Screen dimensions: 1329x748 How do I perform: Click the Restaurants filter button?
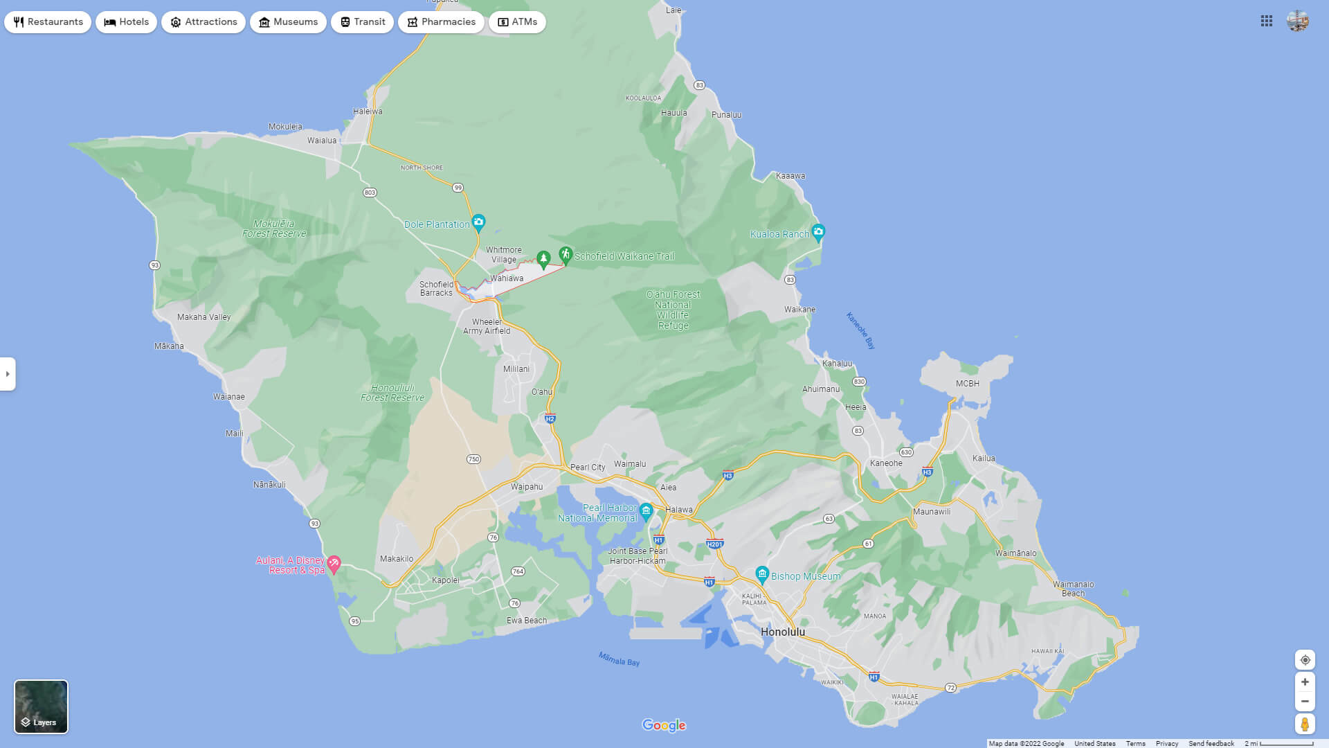(48, 22)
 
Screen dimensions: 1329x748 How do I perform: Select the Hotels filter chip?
(127, 22)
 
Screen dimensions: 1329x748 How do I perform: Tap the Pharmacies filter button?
(441, 22)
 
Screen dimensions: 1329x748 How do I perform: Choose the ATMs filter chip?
(517, 22)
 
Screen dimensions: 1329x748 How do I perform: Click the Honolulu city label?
(782, 632)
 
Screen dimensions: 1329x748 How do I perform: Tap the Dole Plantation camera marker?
(478, 222)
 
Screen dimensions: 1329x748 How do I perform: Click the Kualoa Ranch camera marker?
(818, 232)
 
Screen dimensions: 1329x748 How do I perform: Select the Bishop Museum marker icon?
(762, 574)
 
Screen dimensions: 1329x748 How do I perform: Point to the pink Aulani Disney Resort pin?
(334, 564)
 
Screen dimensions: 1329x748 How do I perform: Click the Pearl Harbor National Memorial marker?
(647, 511)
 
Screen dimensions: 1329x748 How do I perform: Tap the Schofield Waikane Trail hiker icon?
(566, 254)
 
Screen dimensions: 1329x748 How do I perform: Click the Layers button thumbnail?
(42, 706)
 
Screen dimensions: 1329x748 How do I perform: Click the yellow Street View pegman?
(1305, 724)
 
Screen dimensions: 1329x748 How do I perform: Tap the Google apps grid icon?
(1267, 21)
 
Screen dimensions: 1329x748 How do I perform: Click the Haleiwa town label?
(368, 112)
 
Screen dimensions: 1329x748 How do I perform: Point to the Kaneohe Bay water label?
(860, 330)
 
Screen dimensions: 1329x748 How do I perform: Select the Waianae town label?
(229, 397)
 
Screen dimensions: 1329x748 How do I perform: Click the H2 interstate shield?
(550, 418)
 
